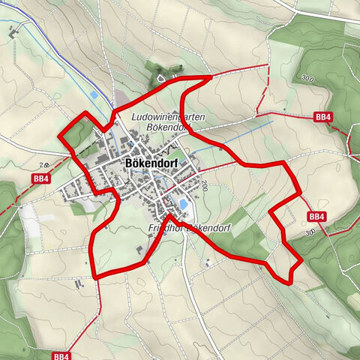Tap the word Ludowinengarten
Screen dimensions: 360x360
169,117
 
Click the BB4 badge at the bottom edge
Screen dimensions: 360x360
61,355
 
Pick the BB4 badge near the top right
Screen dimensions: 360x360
323,117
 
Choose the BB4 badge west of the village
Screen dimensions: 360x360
40,178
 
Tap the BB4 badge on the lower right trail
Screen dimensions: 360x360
316,217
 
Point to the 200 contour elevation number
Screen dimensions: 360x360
203,185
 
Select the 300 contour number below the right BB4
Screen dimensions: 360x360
311,234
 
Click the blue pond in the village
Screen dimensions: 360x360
183,203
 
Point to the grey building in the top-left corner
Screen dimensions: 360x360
13,34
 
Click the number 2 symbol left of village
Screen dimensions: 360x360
43,164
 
